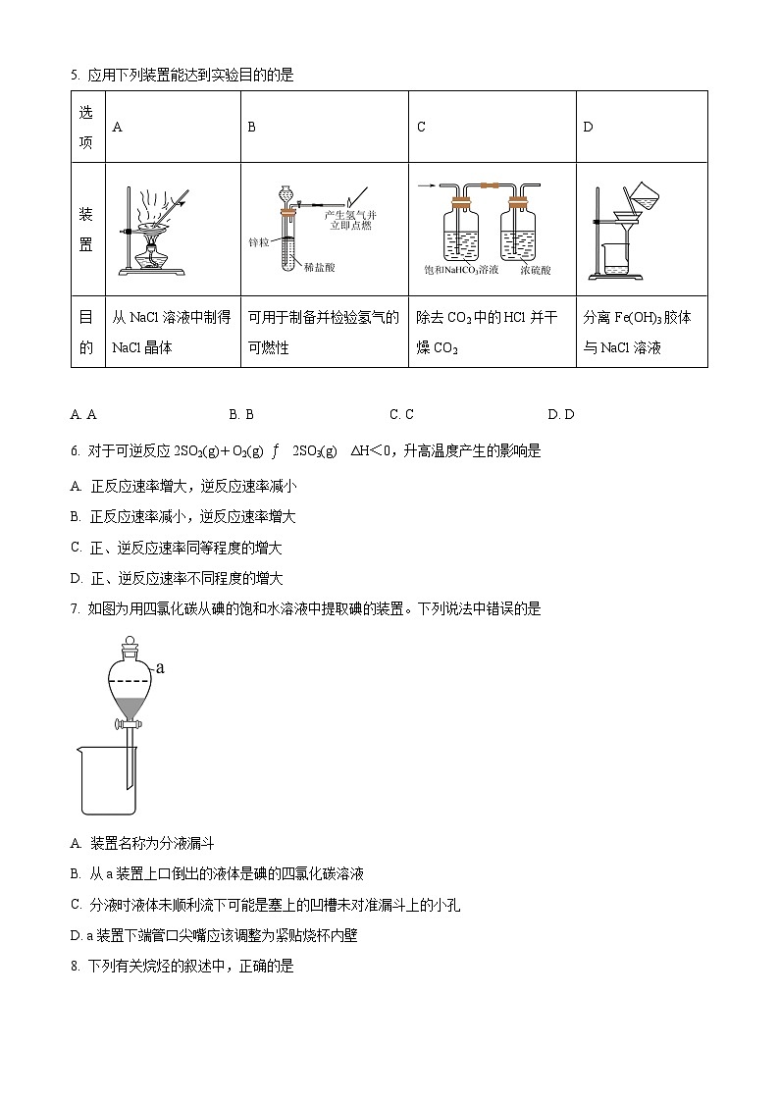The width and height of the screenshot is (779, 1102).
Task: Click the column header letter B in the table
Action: pyautogui.click(x=251, y=127)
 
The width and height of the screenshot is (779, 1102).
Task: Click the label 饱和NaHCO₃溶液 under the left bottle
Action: pyautogui.click(x=461, y=269)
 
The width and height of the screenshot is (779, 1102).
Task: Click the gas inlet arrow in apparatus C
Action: pyautogui.click(x=427, y=184)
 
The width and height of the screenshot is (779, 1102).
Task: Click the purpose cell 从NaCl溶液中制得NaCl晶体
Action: pyautogui.click(x=172, y=332)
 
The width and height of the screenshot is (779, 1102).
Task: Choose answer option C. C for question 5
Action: pyautogui.click(x=401, y=414)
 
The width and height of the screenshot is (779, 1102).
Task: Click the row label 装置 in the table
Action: pyautogui.click(x=86, y=228)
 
